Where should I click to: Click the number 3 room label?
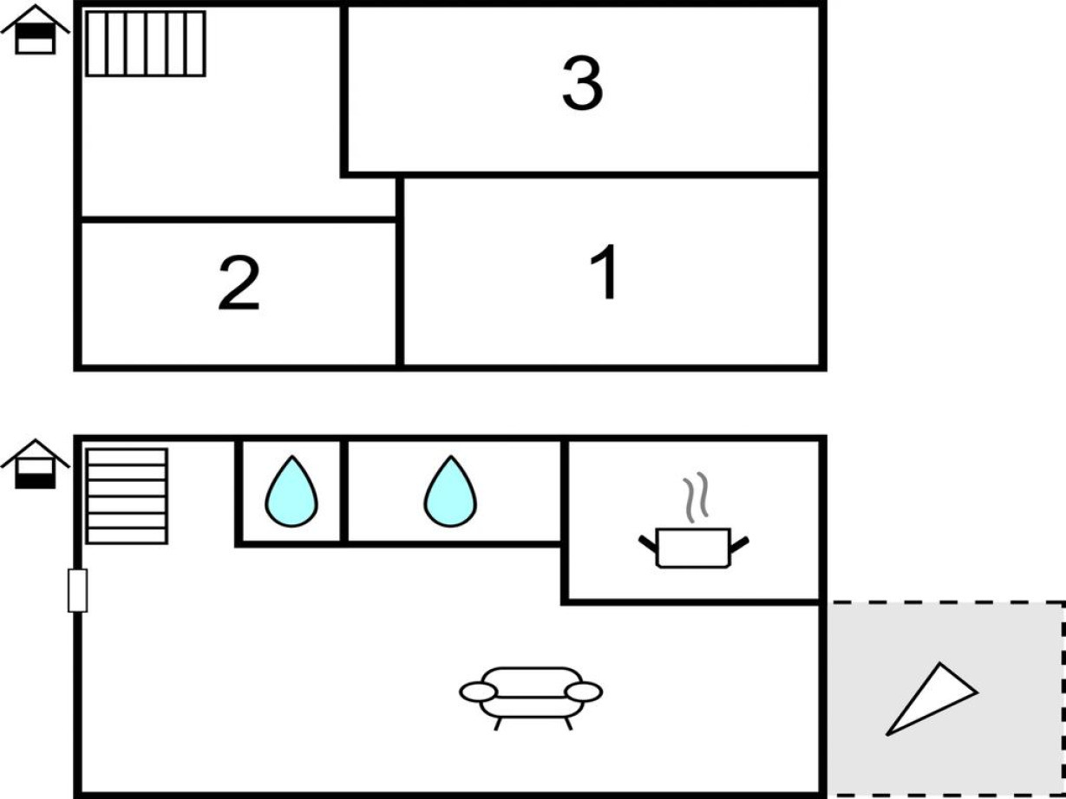pyautogui.click(x=582, y=84)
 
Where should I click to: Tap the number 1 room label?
pyautogui.click(x=606, y=272)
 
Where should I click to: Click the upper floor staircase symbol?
pyautogui.click(x=146, y=43)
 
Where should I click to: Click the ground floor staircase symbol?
pyautogui.click(x=127, y=496)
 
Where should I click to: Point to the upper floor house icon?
pyautogui.click(x=35, y=30)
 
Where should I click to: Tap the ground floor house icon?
pyautogui.click(x=35, y=464)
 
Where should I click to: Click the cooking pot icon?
pyautogui.click(x=694, y=548)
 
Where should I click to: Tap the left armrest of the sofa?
pyautogui.click(x=478, y=692)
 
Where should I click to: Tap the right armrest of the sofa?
pyautogui.click(x=584, y=692)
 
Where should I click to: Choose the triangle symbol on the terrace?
pyautogui.click(x=929, y=699)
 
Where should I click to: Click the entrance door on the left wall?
pyautogui.click(x=77, y=590)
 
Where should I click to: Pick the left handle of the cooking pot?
pyautogui.click(x=648, y=542)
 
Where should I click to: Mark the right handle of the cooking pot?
pyautogui.click(x=740, y=542)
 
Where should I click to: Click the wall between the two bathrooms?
pyautogui.click(x=344, y=491)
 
